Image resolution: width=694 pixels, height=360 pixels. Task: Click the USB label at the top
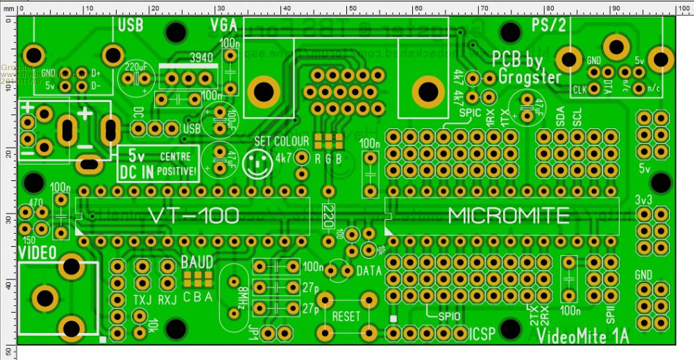[131, 26]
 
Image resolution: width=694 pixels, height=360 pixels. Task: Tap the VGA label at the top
[225, 26]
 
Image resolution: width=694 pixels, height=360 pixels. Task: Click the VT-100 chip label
[194, 216]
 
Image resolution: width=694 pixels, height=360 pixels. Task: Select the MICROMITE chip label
[509, 216]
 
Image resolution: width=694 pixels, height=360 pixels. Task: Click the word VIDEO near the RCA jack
[37, 252]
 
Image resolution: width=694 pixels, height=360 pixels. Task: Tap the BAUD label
[196, 263]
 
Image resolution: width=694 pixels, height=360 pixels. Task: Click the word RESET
[346, 316]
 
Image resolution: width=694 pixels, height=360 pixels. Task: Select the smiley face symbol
[261, 163]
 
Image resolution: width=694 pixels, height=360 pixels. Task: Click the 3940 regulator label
[201, 58]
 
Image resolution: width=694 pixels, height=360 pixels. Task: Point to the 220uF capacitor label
[136, 67]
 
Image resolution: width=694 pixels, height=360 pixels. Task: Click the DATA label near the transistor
[369, 271]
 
